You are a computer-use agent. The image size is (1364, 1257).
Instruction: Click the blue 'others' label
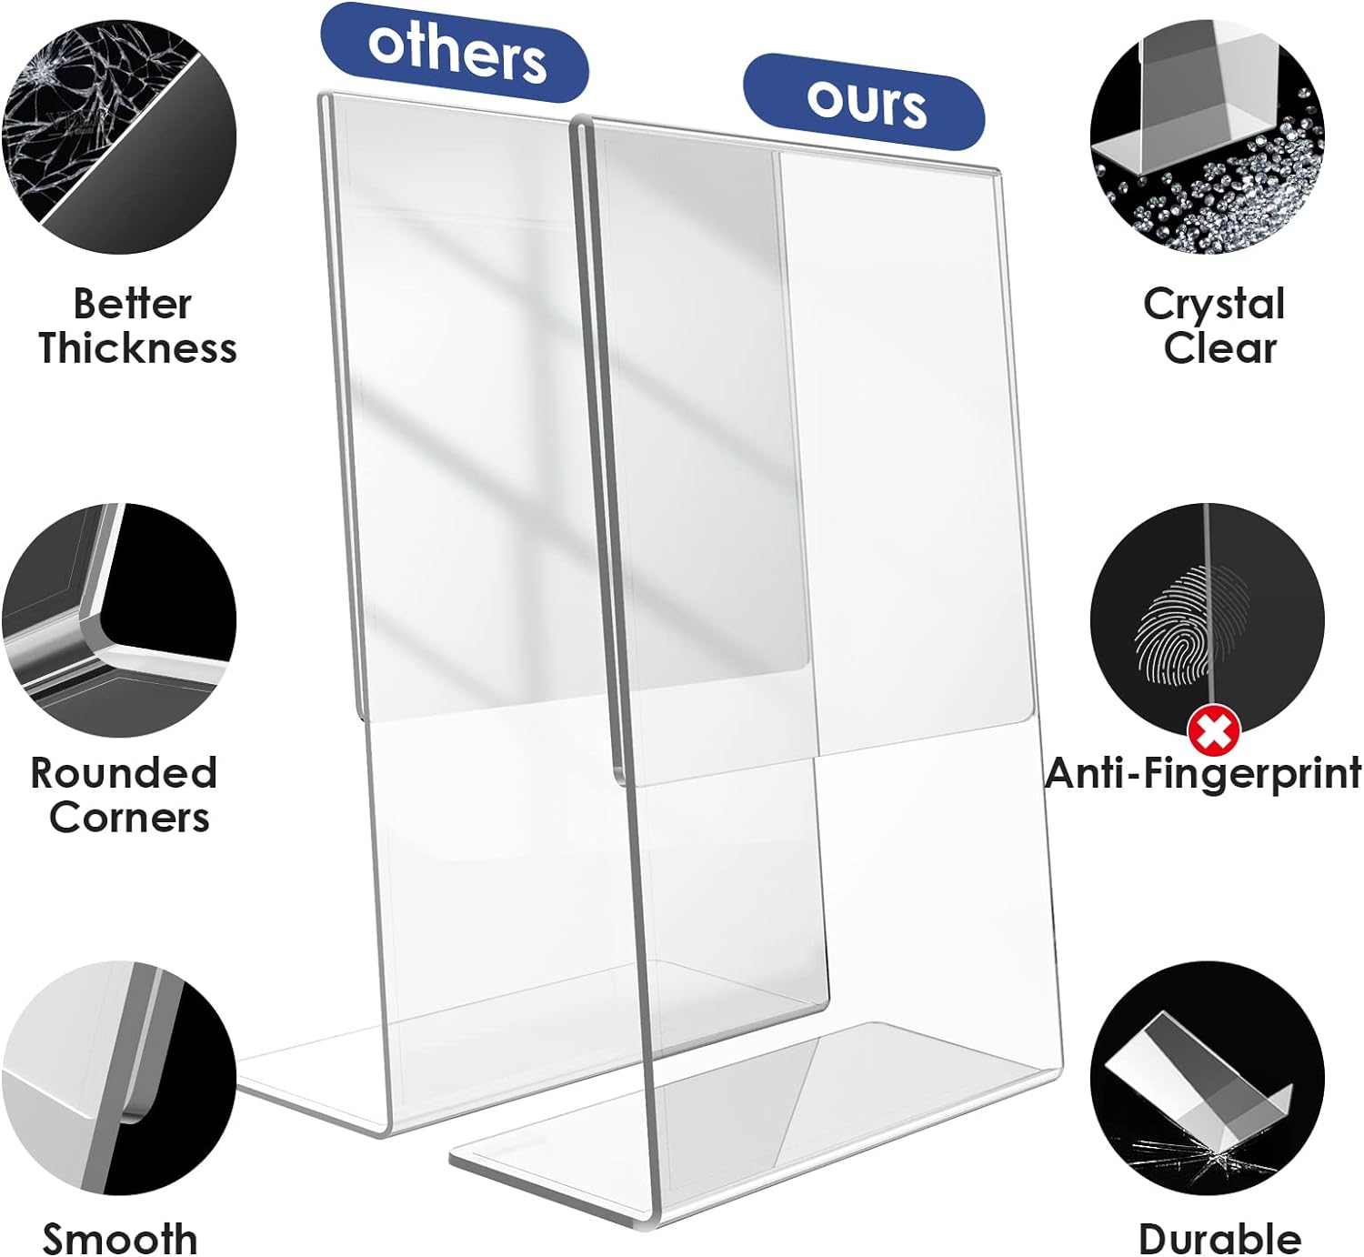pos(455,51)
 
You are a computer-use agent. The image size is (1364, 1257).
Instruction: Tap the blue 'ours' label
pos(864,100)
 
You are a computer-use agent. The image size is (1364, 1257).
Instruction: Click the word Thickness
pos(137,348)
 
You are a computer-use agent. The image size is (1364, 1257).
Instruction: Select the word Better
pos(132,304)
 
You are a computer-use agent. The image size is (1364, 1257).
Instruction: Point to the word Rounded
pos(124,773)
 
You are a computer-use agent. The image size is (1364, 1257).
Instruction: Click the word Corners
pos(129,818)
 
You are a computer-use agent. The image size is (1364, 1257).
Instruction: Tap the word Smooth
pos(119,1238)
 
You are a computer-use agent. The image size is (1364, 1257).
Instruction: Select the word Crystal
pos(1214,304)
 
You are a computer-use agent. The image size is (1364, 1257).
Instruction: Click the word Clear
pos(1219,348)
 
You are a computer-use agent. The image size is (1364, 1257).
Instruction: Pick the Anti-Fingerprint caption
pos(1203,774)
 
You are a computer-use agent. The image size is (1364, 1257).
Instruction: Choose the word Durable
pos(1219,1238)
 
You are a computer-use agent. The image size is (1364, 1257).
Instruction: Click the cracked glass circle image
pos(118,136)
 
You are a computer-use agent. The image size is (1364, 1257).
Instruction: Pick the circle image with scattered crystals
pos(1207,136)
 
